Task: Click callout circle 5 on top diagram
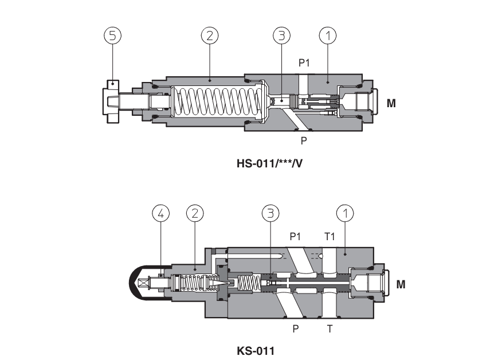coord(112,36)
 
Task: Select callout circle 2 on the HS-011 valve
coord(210,36)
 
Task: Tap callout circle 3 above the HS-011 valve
coord(281,36)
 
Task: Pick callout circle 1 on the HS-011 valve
coord(327,36)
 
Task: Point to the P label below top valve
coord(304,140)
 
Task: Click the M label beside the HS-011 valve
coord(391,104)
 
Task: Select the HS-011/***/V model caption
coord(269,163)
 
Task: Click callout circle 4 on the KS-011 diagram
coord(161,214)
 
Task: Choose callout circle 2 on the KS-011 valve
coord(195,214)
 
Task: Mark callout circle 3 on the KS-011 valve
coord(270,214)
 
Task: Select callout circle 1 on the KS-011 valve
coord(345,214)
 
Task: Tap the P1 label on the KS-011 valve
coord(296,236)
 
